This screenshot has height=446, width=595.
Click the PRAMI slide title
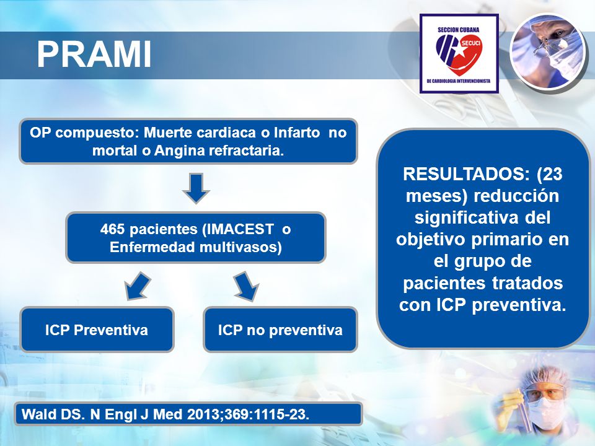[x=94, y=55]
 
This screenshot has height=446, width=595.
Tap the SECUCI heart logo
[x=459, y=54]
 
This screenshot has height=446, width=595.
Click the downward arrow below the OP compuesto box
[x=196, y=188]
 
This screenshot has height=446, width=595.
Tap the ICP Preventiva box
[x=97, y=330]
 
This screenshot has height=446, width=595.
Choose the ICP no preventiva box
[x=280, y=330]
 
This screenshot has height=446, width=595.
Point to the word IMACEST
[x=238, y=229]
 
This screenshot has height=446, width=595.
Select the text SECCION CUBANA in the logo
[x=459, y=30]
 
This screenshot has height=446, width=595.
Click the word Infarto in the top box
[x=297, y=133]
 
